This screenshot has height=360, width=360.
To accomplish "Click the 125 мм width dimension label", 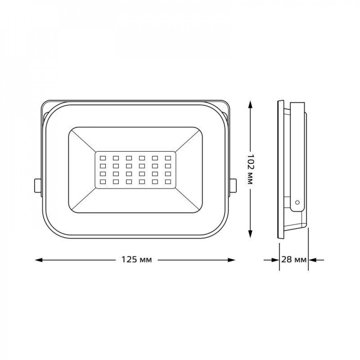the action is pyautogui.click(x=136, y=260).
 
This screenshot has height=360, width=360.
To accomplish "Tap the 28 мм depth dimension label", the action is pyautogui.click(x=294, y=260).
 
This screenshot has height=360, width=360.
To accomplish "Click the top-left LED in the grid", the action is pyautogui.click(x=103, y=158).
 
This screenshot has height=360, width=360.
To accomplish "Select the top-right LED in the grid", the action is pyautogui.click(x=168, y=158).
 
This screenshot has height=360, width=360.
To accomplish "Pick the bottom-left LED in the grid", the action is pyautogui.click(x=103, y=181).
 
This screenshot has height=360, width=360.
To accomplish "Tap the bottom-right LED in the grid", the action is pyautogui.click(x=168, y=181).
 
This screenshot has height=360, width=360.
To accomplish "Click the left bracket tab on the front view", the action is pyautogui.click(x=38, y=185).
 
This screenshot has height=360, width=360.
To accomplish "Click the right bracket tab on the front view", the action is pyautogui.click(x=233, y=185).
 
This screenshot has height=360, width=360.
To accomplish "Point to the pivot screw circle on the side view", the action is pyautogui.click(x=297, y=202).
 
